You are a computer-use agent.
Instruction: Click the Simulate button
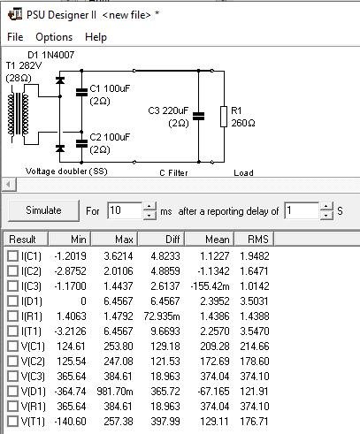(x=43, y=210)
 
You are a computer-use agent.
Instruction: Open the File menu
(x=15, y=37)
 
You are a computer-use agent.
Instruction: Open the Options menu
(x=54, y=37)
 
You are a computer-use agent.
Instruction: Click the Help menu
(x=96, y=37)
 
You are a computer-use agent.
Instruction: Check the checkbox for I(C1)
(x=12, y=255)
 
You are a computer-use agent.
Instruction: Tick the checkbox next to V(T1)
(x=12, y=421)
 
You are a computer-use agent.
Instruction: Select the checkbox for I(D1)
(x=12, y=301)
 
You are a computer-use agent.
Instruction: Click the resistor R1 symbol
(x=224, y=117)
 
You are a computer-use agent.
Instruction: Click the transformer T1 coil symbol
(x=19, y=114)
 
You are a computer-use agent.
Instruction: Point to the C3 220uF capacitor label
(x=168, y=110)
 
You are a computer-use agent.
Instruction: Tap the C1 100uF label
(x=110, y=88)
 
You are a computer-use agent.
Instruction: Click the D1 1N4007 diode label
(x=50, y=55)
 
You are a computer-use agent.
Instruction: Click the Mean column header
(x=217, y=240)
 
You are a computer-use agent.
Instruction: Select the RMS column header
(x=258, y=240)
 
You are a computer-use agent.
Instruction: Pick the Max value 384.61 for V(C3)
(x=119, y=376)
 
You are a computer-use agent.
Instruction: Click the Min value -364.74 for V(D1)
(x=70, y=392)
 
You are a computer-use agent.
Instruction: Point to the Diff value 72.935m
(x=162, y=316)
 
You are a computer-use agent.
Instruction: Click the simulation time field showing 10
(x=125, y=210)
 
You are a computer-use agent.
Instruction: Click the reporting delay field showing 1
(x=302, y=210)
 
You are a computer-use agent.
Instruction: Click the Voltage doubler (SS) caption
(x=66, y=171)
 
